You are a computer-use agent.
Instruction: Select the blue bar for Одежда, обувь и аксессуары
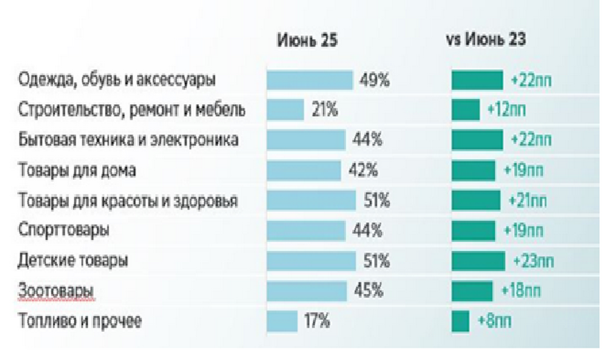pyautogui.click(x=310, y=80)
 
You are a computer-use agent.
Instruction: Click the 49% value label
pyautogui.click(x=374, y=80)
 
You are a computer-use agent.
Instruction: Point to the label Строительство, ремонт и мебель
pyautogui.click(x=132, y=110)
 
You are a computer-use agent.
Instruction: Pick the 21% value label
pyautogui.click(x=325, y=110)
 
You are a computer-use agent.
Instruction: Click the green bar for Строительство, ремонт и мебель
pyautogui.click(x=465, y=110)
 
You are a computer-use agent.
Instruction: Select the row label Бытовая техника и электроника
pyautogui.click(x=128, y=140)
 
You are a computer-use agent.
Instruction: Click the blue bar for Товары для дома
pyautogui.click(x=304, y=170)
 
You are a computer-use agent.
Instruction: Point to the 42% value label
pyautogui.click(x=363, y=170)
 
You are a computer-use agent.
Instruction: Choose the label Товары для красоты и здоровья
pyautogui.click(x=128, y=200)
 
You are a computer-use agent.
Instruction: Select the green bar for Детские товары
pyautogui.click(x=478, y=261)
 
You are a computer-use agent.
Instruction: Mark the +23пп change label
pyautogui.click(x=534, y=261)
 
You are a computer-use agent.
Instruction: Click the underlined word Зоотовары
pyautogui.click(x=57, y=291)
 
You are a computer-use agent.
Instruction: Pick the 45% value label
pyautogui.click(x=369, y=291)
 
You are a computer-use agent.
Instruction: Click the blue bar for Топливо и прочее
pyautogui.click(x=282, y=321)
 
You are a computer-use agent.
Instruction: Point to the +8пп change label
pyautogui.click(x=494, y=321)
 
